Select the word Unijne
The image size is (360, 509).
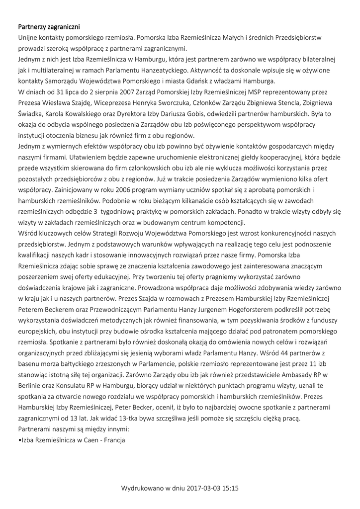click(29, 37)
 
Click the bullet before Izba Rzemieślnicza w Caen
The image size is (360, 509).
click(19, 440)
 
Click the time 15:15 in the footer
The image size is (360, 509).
click(231, 489)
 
